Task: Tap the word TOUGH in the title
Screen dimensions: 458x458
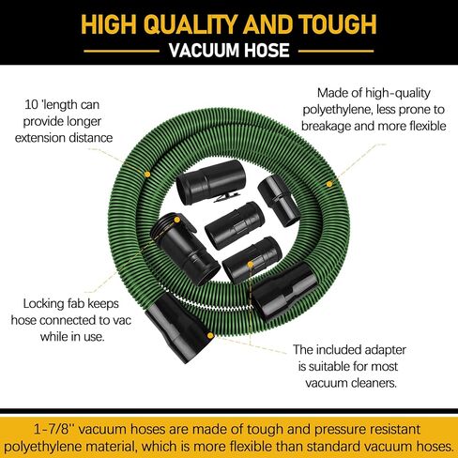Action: coord(332,23)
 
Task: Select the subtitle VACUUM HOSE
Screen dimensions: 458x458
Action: coord(229,52)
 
